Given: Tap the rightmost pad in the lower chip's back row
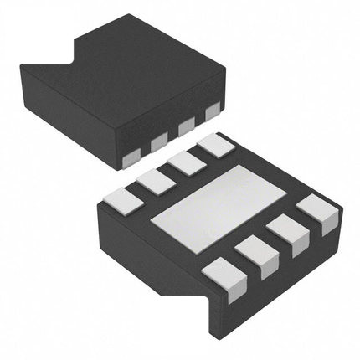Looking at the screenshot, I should [x=215, y=146].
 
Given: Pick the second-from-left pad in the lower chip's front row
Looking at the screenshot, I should [x=256, y=254].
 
